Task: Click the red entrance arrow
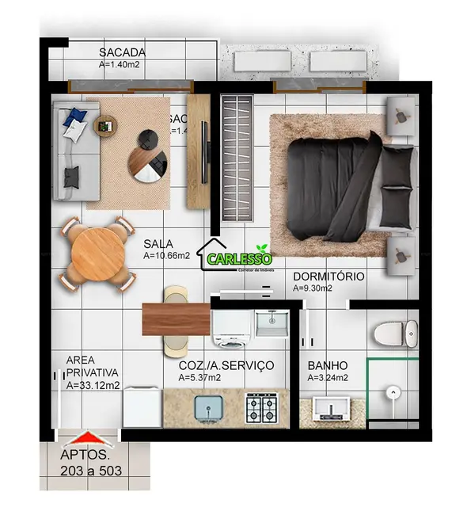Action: (x=89, y=437)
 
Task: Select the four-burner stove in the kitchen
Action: (x=261, y=407)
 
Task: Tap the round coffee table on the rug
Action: (x=149, y=155)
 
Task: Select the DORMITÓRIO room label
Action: (x=328, y=277)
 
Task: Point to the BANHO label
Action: (x=328, y=365)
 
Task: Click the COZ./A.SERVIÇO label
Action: (x=226, y=365)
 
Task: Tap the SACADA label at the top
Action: (x=122, y=52)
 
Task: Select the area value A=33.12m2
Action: (x=93, y=386)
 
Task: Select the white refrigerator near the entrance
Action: (x=142, y=407)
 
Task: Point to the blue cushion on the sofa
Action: (x=76, y=118)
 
